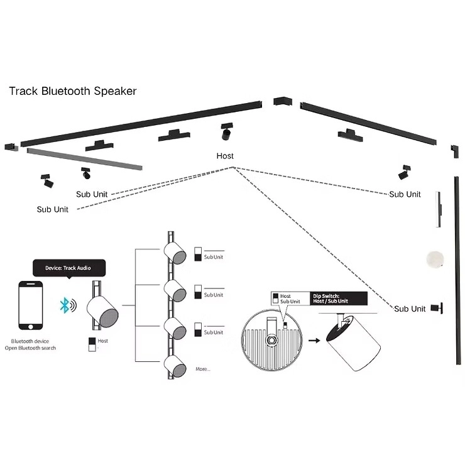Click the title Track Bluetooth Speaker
coord(72,91)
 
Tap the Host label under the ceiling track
coord(225,156)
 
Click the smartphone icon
coord(31,305)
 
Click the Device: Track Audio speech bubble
coord(67,268)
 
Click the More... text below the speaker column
coord(203,369)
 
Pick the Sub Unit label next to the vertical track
coord(410,309)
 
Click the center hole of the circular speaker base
coord(273,339)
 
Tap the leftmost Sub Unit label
coord(52,209)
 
